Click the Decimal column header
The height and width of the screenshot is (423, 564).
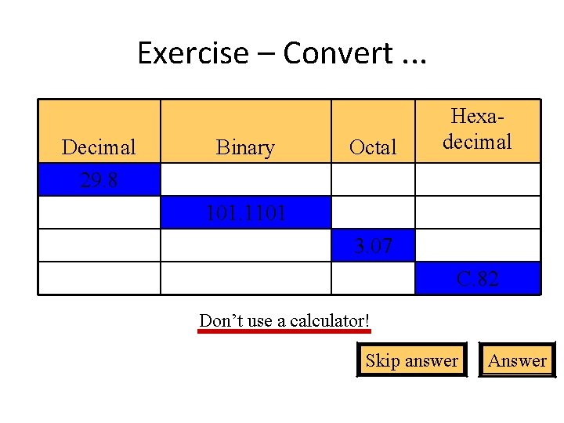click(x=99, y=146)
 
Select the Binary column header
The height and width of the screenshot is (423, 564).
click(x=245, y=146)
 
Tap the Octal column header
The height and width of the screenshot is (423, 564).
click(x=373, y=146)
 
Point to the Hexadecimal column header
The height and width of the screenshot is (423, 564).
click(x=477, y=130)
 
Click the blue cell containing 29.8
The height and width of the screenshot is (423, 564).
click(x=99, y=179)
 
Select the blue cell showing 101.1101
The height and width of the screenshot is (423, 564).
click(x=245, y=212)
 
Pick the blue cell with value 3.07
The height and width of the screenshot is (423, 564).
click(x=373, y=245)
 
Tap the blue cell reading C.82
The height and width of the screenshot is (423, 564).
click(x=477, y=278)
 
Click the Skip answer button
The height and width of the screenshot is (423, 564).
click(x=411, y=360)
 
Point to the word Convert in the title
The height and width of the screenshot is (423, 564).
click(x=337, y=53)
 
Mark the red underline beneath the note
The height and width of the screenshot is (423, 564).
click(x=284, y=332)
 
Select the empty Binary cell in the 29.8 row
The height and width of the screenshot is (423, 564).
click(x=245, y=179)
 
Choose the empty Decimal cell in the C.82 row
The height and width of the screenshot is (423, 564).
click(x=99, y=278)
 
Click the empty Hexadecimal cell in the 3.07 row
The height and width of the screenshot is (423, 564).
click(x=477, y=245)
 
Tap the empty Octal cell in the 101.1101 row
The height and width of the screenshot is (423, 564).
click(x=373, y=212)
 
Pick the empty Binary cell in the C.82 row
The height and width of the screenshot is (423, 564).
click(x=245, y=278)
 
